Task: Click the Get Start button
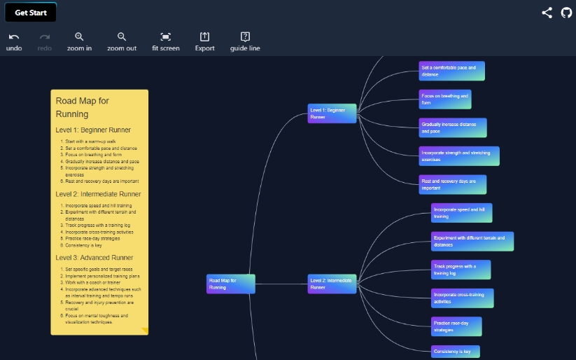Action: point(30,12)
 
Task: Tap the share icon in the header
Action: point(547,13)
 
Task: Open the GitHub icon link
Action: point(566,13)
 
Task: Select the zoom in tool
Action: point(79,41)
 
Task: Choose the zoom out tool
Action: point(122,41)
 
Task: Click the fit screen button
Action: point(165,41)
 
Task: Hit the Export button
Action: point(204,41)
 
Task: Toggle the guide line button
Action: point(245,41)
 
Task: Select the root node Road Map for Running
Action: point(230,284)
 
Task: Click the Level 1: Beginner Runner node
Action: point(332,113)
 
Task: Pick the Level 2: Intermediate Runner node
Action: point(332,284)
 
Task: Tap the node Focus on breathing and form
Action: point(444,99)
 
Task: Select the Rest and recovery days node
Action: point(452,184)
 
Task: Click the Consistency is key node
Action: point(456,351)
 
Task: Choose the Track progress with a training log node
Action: point(461,270)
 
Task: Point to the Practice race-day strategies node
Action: point(456,326)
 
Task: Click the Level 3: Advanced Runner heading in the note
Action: point(94,258)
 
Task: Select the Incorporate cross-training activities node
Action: point(462,298)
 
